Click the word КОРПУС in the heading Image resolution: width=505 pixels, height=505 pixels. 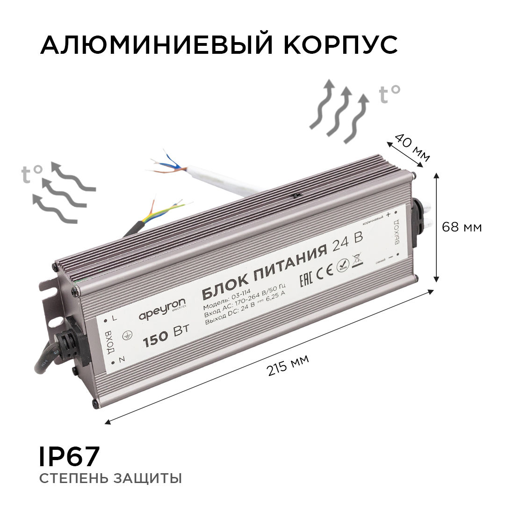coord(340,46)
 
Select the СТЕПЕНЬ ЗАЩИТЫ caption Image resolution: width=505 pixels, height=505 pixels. coord(110,479)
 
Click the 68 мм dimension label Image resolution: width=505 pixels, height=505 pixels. coord(462,228)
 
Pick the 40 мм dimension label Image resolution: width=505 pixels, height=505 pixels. coord(411,148)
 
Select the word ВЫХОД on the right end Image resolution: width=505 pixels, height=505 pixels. coord(396,231)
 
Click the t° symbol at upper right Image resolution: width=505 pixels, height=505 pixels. coord(390,94)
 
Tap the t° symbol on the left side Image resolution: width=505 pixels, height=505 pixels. coord(32,174)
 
